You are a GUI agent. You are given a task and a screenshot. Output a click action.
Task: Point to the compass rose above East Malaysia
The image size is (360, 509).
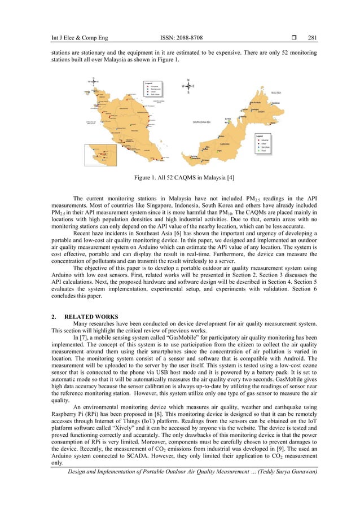(x=188, y=86)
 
